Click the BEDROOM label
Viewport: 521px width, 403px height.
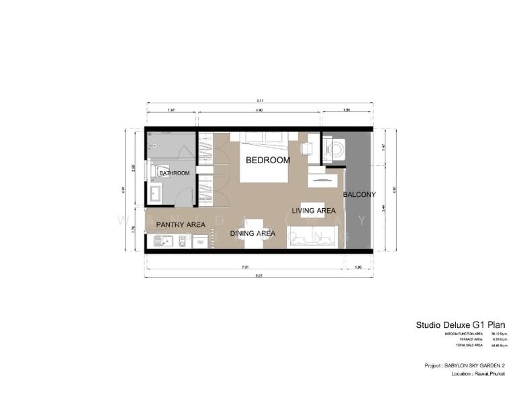(x=267, y=161)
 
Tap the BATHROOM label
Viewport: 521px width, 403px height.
(x=174, y=173)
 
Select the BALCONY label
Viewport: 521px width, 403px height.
(x=359, y=195)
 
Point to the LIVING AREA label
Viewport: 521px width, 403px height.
(x=314, y=211)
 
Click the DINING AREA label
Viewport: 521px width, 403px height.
(x=253, y=234)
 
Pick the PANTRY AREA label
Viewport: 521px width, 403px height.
(x=181, y=224)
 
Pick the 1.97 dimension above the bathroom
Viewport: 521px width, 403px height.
(x=171, y=109)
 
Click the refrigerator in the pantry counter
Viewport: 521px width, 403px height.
(x=199, y=240)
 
